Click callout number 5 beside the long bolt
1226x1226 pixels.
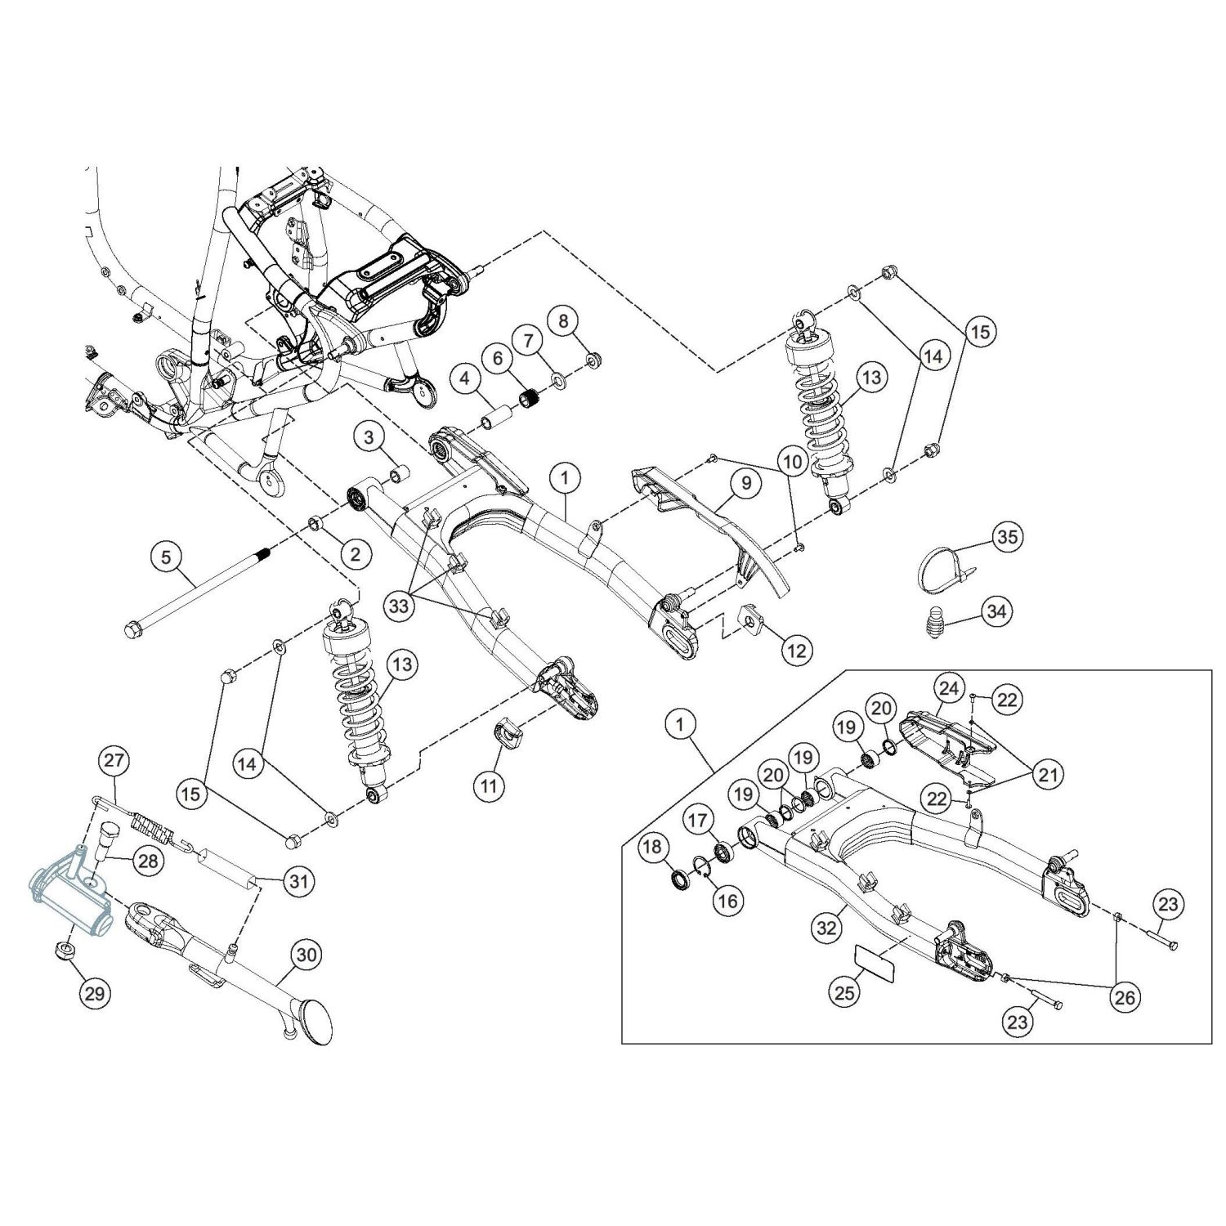pyautogui.click(x=167, y=557)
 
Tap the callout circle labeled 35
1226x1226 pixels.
pyautogui.click(x=1009, y=537)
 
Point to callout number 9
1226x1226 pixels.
pyautogui.click(x=745, y=483)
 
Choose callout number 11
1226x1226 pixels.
pyautogui.click(x=489, y=786)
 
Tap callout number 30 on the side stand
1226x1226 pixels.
pyautogui.click(x=307, y=954)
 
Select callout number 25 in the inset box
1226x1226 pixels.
pyautogui.click(x=845, y=992)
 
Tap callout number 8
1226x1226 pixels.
pyautogui.click(x=562, y=321)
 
